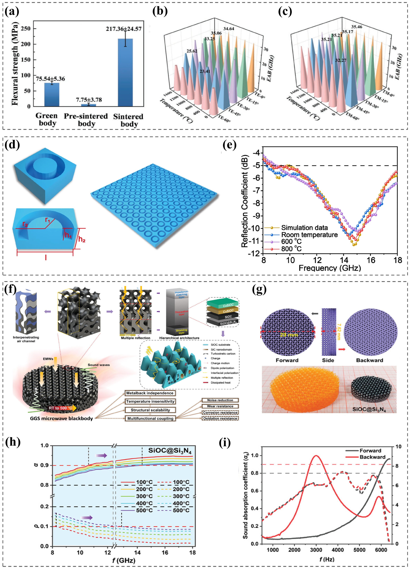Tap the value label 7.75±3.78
89,100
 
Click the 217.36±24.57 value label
123,29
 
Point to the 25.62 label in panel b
192,51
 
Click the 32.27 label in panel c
341,60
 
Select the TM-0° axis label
388,93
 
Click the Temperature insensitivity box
150,401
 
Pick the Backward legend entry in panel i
372,457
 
